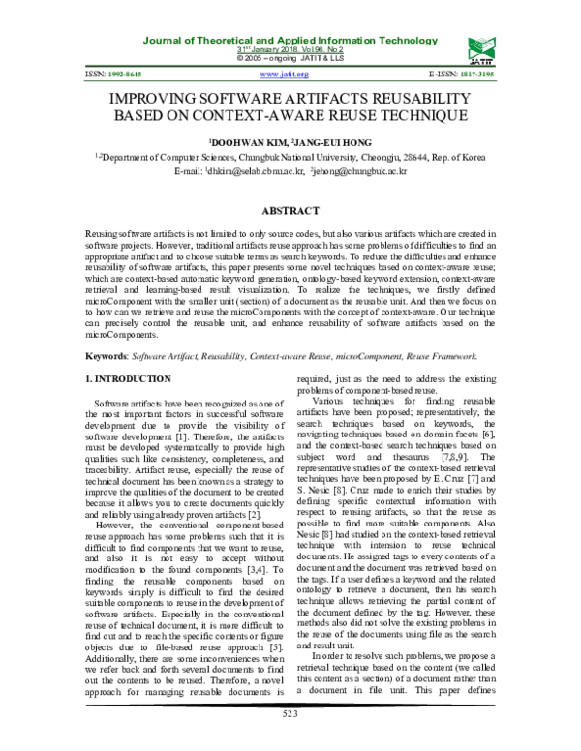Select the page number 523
coord(290,740)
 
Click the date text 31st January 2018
coord(274,48)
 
